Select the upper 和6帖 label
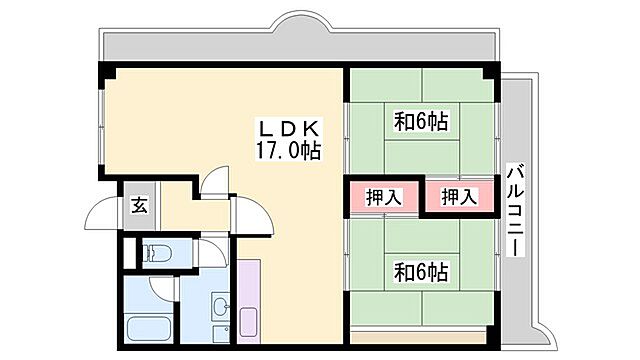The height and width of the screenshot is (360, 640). click(x=421, y=122)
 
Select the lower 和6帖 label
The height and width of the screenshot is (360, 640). click(x=421, y=271)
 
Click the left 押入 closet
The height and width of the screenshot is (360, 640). click(x=384, y=196)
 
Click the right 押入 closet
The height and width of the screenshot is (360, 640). click(x=460, y=196)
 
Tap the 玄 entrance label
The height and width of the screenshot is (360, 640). click(x=140, y=207)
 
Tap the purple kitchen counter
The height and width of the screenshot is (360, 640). click(x=250, y=300)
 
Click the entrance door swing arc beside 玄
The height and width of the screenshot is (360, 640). click(x=104, y=214)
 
